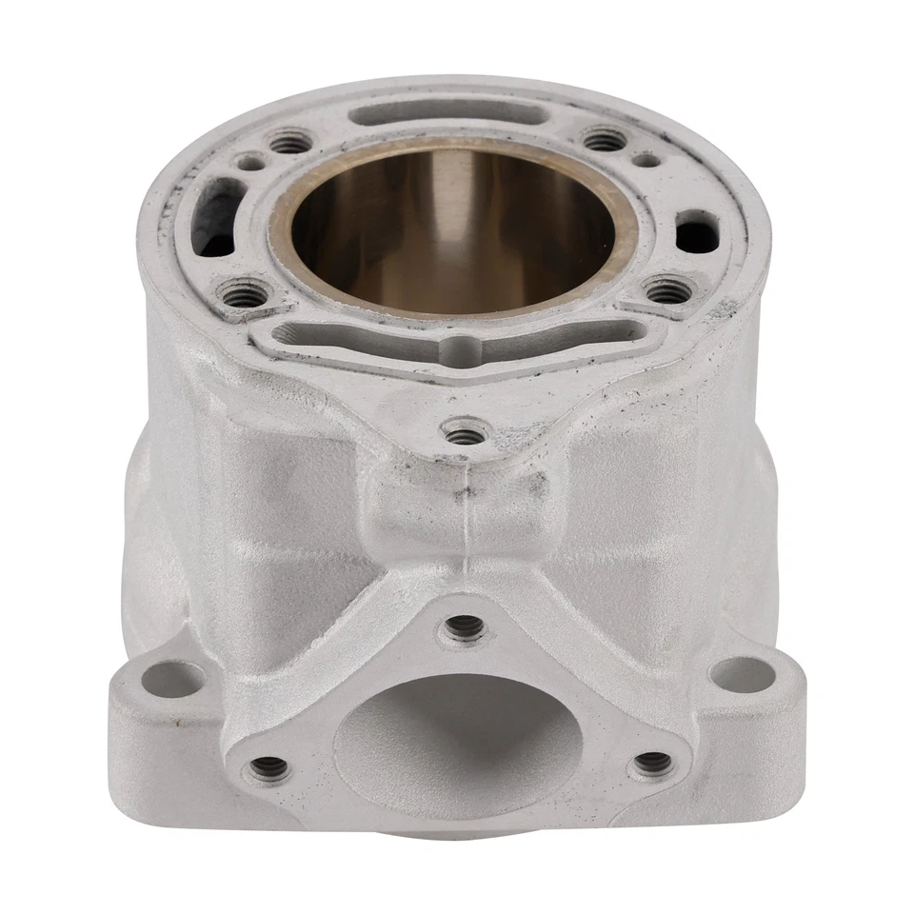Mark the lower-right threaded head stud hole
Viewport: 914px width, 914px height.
669,287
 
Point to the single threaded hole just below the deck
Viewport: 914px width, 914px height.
466,436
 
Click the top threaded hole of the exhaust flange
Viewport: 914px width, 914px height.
464,626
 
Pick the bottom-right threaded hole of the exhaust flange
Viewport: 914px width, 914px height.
652,762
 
